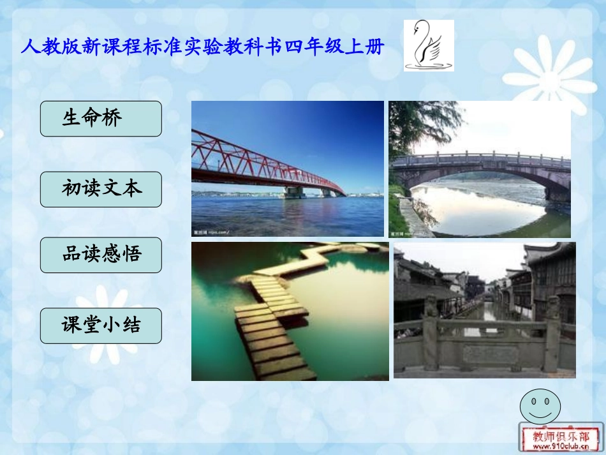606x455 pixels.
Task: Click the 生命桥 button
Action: click(x=101, y=119)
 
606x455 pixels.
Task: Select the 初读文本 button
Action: click(x=101, y=189)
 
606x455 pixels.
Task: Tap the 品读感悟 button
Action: click(x=101, y=255)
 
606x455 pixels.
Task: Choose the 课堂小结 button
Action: click(x=101, y=325)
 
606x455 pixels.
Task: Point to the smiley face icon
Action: click(x=540, y=406)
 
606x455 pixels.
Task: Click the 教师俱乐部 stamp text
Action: click(x=561, y=436)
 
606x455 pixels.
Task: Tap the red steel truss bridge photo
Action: click(x=287, y=168)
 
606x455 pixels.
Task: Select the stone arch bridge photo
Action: click(x=480, y=168)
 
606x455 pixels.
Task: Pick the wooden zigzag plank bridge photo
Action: click(x=290, y=311)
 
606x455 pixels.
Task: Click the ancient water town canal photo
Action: click(x=484, y=310)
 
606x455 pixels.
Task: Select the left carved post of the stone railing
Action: click(x=432, y=332)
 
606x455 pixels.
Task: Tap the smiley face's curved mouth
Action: click(x=540, y=413)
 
